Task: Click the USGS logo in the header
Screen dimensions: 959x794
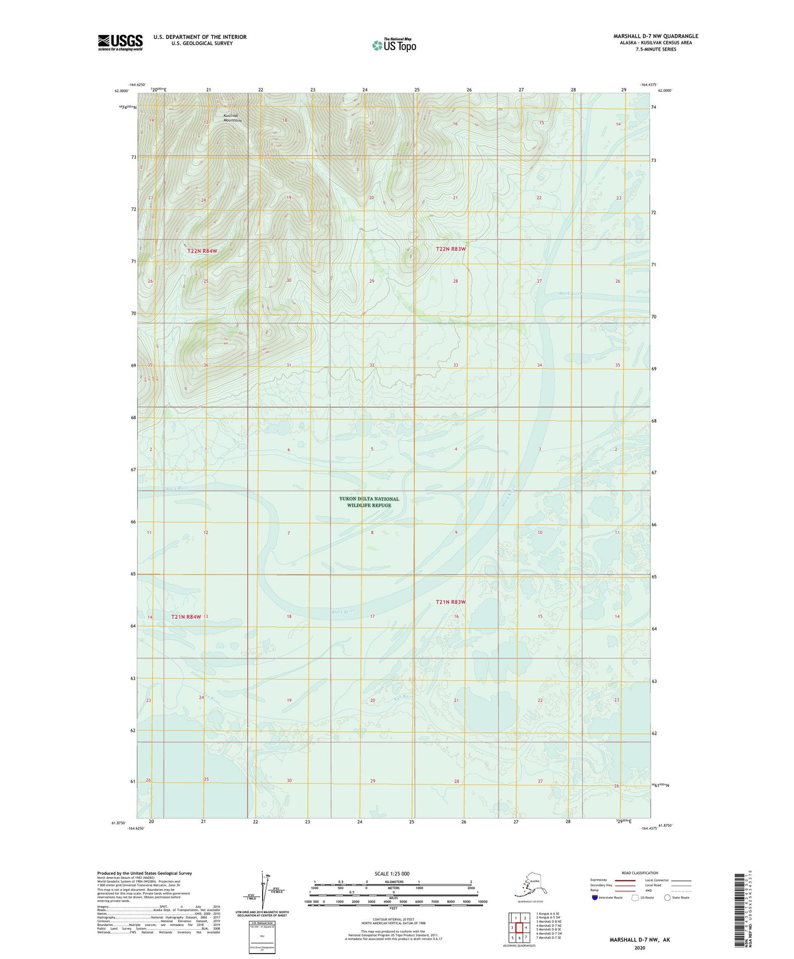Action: (x=120, y=42)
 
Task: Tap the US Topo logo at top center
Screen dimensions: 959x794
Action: (x=394, y=44)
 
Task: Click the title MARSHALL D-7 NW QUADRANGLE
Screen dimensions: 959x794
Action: (x=656, y=36)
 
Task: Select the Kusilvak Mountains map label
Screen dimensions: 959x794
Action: (x=232, y=118)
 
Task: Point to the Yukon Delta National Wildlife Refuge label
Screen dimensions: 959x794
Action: (x=369, y=502)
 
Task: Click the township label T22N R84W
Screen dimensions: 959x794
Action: (x=202, y=251)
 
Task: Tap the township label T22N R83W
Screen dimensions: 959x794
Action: (x=451, y=249)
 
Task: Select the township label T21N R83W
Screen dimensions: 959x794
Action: (x=451, y=602)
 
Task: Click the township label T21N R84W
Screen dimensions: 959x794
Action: (x=186, y=617)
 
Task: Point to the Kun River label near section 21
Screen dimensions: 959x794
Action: (x=403, y=697)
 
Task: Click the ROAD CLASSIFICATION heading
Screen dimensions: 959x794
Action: (x=640, y=873)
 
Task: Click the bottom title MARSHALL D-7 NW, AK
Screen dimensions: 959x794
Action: (x=640, y=940)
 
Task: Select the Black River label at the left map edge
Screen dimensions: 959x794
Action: (x=176, y=488)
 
